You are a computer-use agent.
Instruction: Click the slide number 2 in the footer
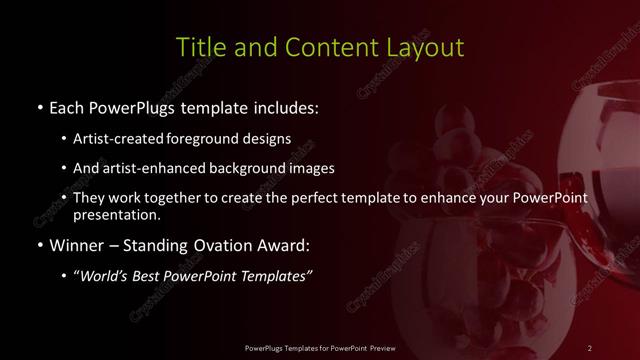[590, 347]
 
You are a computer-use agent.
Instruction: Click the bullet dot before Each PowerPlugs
[39, 107]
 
